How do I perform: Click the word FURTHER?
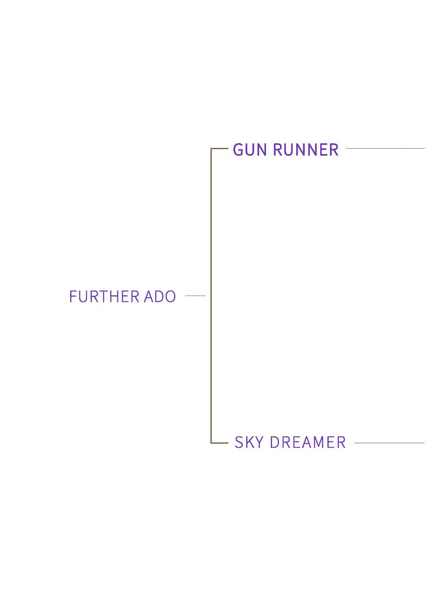(x=104, y=296)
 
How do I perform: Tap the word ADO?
(x=160, y=296)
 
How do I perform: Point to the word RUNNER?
(x=306, y=150)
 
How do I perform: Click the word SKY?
(x=249, y=442)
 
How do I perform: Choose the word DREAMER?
(x=308, y=442)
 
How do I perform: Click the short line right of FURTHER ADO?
(x=195, y=296)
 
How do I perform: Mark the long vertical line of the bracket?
(x=211, y=296)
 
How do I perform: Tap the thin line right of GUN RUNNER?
(x=385, y=148)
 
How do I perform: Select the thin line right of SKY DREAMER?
(x=389, y=443)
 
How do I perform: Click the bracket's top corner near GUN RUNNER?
(x=211, y=149)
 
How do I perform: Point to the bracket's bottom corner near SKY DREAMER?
(x=211, y=443)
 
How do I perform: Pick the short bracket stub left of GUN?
(x=220, y=149)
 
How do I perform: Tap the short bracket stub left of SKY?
(x=220, y=443)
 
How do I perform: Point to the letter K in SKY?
(x=249, y=442)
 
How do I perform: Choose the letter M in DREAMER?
(x=317, y=442)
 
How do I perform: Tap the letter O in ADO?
(x=170, y=296)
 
